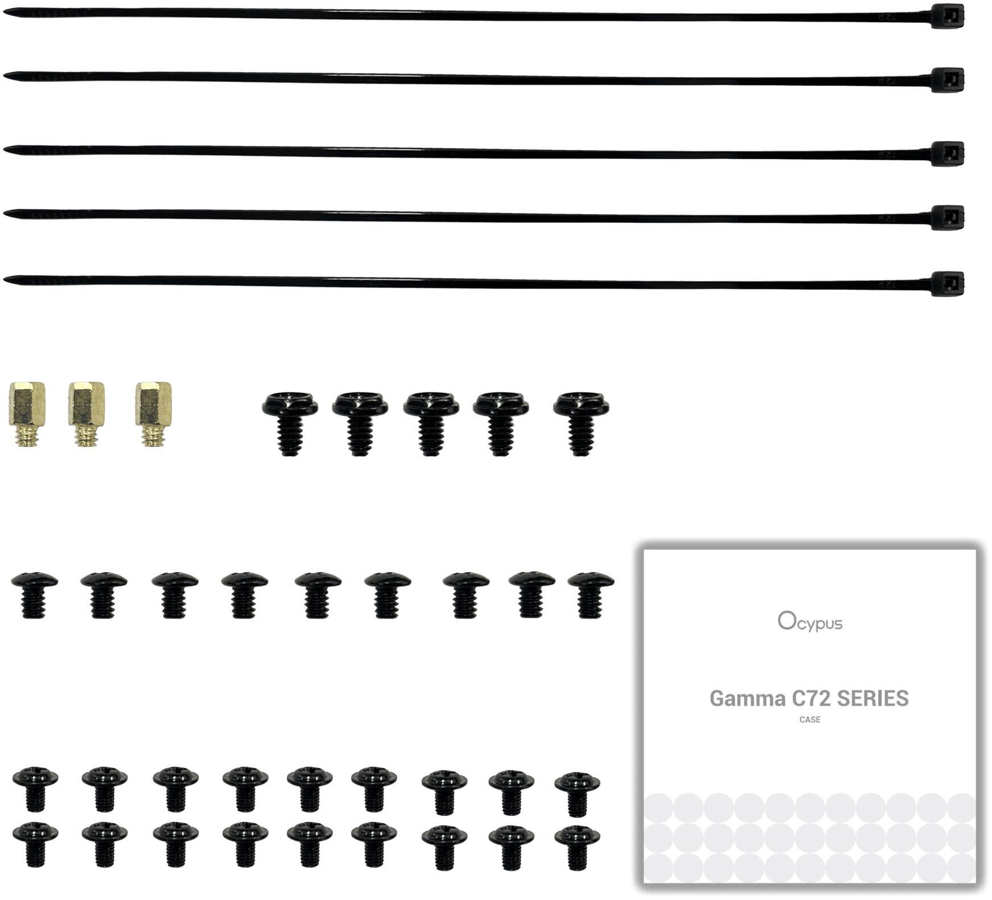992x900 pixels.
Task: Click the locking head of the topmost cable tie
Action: click(x=947, y=16)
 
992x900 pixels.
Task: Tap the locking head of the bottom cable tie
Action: click(x=947, y=284)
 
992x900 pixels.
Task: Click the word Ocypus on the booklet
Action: click(x=810, y=622)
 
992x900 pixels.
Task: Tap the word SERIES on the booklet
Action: click(x=873, y=698)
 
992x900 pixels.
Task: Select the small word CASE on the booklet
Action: click(x=810, y=720)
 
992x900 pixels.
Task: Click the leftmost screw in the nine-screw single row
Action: click(x=34, y=594)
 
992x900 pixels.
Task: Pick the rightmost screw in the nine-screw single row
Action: click(x=591, y=594)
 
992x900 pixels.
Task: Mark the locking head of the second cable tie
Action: click(x=947, y=80)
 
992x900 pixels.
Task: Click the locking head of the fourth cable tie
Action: click(x=947, y=217)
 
